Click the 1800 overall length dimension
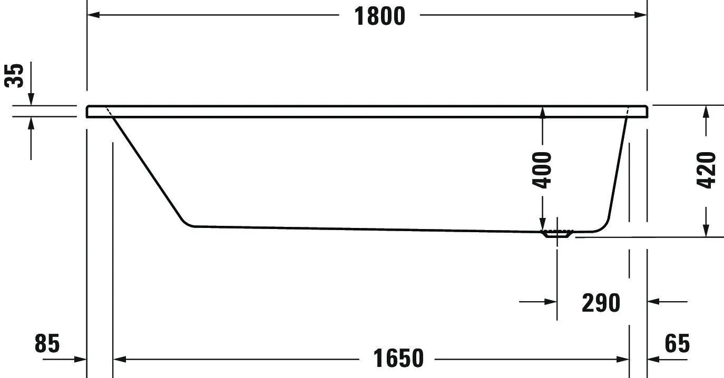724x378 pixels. click(379, 16)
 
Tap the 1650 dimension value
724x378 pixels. click(398, 359)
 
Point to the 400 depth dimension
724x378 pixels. click(542, 170)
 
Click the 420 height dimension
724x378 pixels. click(706, 170)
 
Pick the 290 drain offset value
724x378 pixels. click(601, 303)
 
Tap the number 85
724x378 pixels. click(47, 344)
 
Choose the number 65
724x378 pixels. click(677, 344)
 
